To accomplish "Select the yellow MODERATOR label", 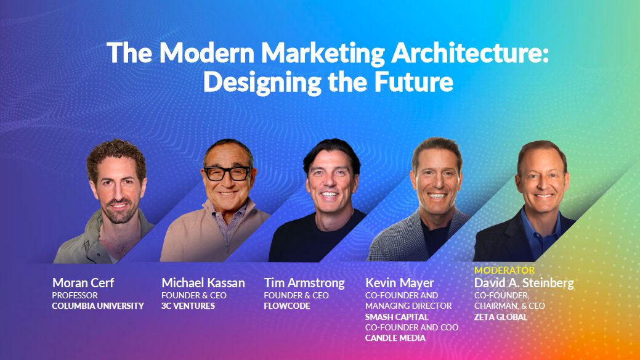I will coord(504,270).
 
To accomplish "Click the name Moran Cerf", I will coord(83,283).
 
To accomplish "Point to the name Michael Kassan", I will coord(203,283).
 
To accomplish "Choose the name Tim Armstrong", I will coord(304,283).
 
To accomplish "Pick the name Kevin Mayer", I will coord(399,283).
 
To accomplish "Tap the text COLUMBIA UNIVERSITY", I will coord(97,306).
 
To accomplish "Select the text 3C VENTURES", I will coord(188,306).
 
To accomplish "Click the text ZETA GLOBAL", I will coord(500,317).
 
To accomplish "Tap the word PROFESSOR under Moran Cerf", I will coord(75,295).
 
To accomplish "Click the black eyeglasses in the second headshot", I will coord(227,174).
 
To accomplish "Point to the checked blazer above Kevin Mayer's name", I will coord(394,240).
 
